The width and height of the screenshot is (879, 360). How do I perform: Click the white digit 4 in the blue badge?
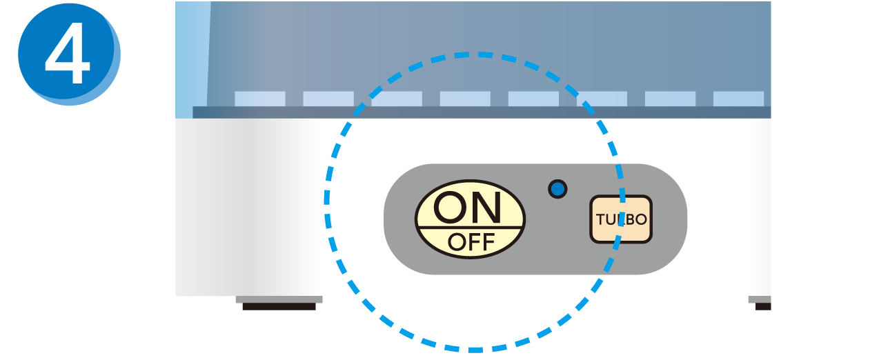68,52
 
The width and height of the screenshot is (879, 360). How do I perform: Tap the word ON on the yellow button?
467,208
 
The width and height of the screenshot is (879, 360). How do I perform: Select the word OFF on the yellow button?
471,242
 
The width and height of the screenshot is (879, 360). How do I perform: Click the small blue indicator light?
557,190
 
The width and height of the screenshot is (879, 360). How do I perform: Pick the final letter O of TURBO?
640,219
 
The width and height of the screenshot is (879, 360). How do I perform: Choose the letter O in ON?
450,208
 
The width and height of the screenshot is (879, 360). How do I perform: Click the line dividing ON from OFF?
470,228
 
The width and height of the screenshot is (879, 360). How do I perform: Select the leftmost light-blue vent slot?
260,99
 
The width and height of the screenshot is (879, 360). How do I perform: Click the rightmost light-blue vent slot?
738,99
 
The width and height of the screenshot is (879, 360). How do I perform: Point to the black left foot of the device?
279,307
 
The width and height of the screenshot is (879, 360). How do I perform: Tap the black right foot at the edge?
763,307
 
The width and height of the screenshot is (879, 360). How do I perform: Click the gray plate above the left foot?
279,299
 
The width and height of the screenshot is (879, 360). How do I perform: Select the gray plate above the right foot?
760,299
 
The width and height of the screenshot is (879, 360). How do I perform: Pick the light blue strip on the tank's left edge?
192,59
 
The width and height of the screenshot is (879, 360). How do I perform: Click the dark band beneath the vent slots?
482,112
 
